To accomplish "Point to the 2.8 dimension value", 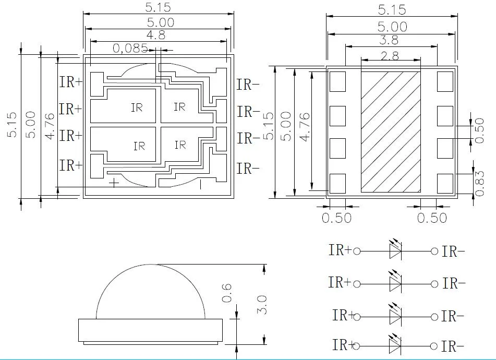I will click(391, 55).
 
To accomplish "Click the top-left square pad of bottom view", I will click(337, 81).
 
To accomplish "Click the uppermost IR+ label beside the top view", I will click(70, 83).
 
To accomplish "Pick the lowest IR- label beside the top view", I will click(248, 169).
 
